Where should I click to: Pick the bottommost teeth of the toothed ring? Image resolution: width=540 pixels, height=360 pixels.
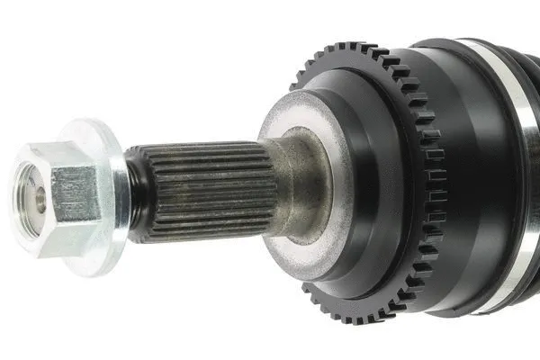(360, 314)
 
